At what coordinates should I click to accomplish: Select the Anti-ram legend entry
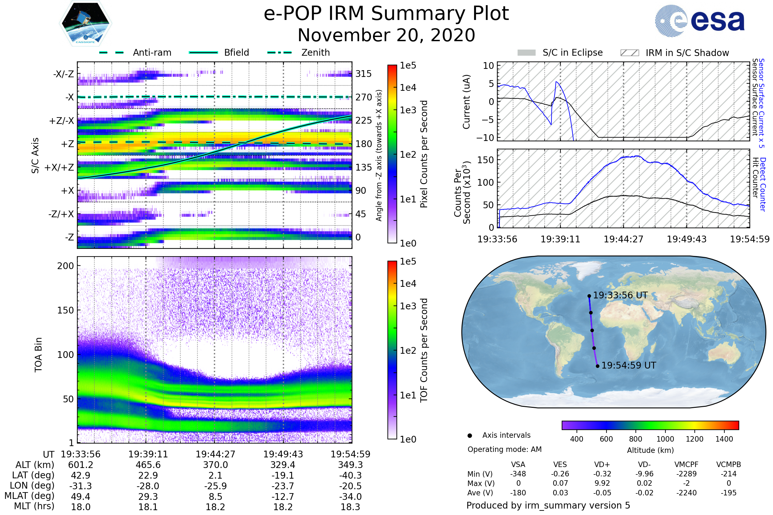pos(152,52)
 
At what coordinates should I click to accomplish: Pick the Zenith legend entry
pos(315,52)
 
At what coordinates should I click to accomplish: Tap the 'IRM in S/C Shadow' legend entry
pos(687,53)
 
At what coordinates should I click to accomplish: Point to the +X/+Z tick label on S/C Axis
pos(59,167)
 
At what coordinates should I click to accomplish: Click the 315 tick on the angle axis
pos(363,74)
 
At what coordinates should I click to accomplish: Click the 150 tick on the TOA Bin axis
pos(65,310)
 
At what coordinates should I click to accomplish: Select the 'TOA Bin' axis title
pos(38,354)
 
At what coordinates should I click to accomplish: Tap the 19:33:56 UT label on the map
pos(620,295)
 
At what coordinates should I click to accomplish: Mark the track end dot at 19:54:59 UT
pos(597,366)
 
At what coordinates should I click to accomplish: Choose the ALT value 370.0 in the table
pos(215,465)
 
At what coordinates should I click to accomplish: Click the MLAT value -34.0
pos(350,497)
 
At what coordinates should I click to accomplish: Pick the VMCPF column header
pos(686,464)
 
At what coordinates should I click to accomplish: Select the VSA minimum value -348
pos(518,473)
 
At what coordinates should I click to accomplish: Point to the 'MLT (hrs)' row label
pos(34,506)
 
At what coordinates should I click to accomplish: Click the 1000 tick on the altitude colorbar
pos(665,439)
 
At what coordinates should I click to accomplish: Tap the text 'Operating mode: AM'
pos(504,449)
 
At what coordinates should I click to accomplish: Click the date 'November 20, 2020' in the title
pos(386,35)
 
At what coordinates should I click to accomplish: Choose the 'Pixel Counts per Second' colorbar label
pos(424,154)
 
